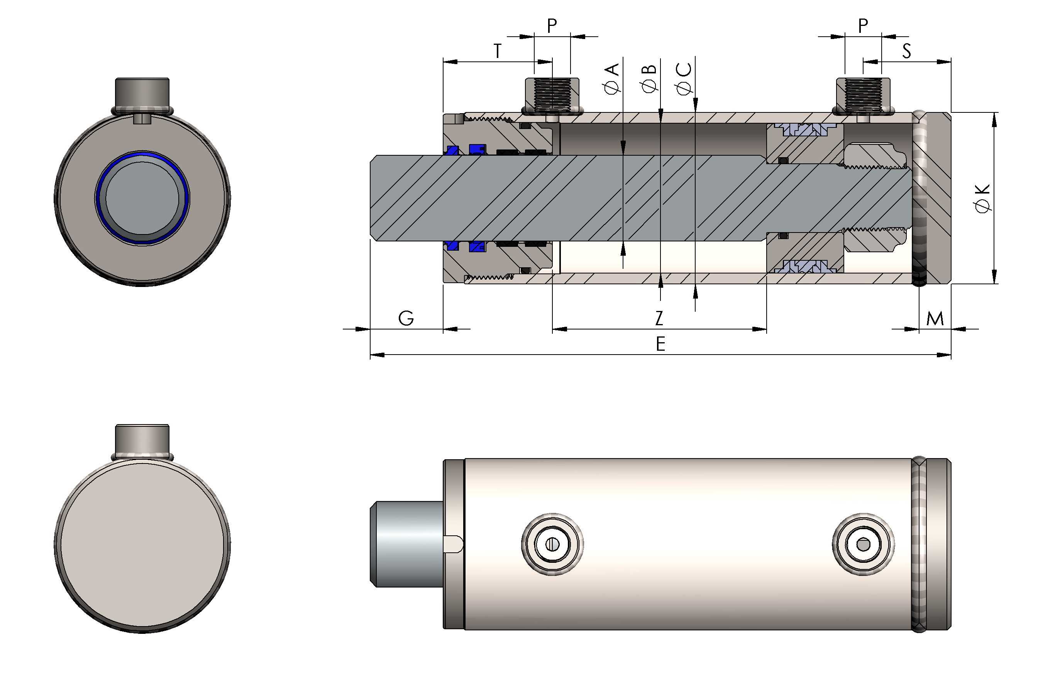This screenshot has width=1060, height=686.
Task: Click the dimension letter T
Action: [497, 51]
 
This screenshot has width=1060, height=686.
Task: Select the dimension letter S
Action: [906, 51]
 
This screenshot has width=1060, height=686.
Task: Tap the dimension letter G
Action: [406, 318]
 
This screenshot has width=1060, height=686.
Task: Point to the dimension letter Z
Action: [659, 318]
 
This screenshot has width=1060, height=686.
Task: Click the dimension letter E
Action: [660, 344]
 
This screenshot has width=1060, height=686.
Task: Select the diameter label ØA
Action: [612, 78]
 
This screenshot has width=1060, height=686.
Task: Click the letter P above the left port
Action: [552, 26]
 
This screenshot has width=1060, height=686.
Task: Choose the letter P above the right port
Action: [863, 26]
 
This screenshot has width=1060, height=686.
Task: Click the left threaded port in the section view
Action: [552, 95]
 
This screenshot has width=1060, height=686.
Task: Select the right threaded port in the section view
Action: [863, 95]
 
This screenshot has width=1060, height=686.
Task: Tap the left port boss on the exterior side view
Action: [552, 544]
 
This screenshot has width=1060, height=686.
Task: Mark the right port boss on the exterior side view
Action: [863, 544]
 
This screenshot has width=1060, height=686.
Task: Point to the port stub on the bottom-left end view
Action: [142, 438]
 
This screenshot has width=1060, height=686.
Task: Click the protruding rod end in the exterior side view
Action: [406, 544]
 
